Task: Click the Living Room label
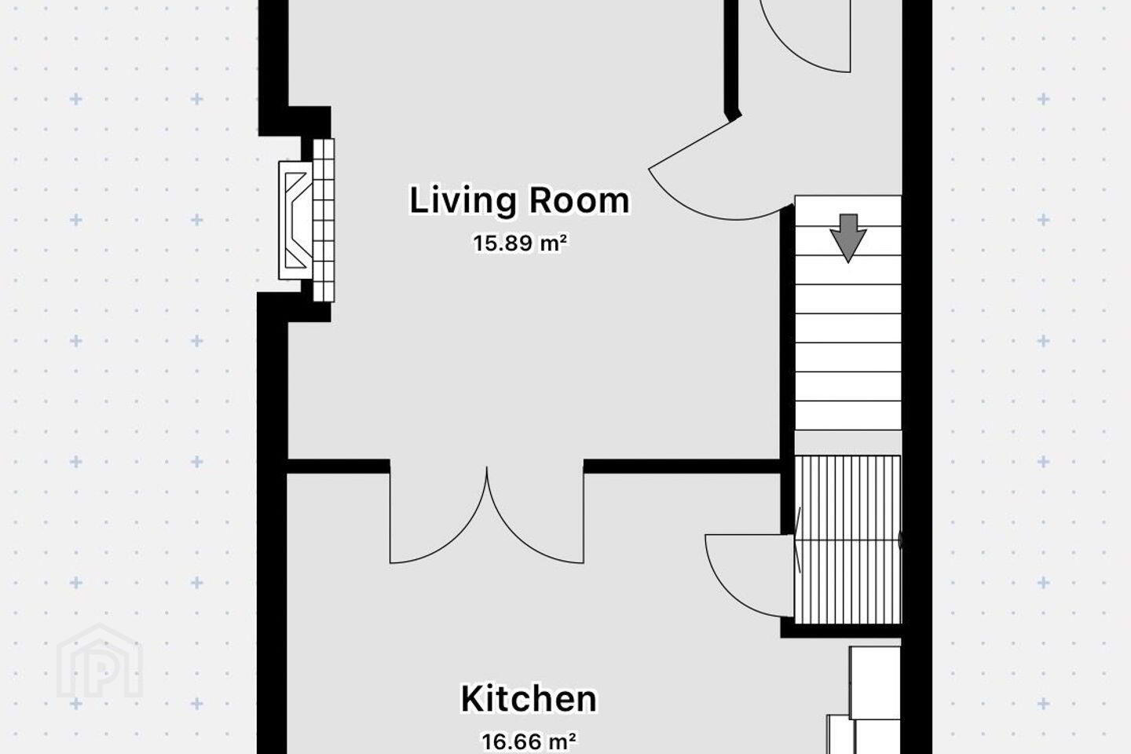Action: tap(520, 201)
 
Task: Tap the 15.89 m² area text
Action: tap(520, 243)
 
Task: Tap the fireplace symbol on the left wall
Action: tap(296, 220)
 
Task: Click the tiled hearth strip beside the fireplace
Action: tap(323, 220)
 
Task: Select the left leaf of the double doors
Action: tap(438, 515)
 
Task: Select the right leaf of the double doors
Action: tap(535, 515)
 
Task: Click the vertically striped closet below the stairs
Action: tap(847, 540)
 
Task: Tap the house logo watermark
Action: tap(100, 661)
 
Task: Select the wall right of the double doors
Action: tap(683, 466)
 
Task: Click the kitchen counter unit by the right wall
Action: tap(869, 700)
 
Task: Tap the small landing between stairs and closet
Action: tap(848, 443)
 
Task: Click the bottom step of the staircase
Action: tap(848, 415)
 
